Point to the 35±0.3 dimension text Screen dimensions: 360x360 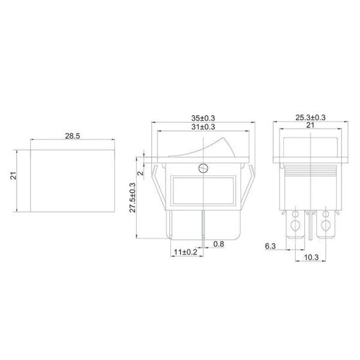[x=203, y=118]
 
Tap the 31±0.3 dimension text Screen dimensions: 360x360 [x=203, y=127]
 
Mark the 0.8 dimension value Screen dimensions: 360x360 [x=220, y=244]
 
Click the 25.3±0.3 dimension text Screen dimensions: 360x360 [x=311, y=118]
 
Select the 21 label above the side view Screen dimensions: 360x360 [x=311, y=126]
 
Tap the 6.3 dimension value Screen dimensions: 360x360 [x=270, y=247]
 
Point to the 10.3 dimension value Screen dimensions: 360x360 [x=311, y=256]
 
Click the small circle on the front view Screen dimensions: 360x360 [x=203, y=169]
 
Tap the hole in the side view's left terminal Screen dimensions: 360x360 [x=295, y=226]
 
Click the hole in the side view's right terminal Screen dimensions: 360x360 [x=327, y=226]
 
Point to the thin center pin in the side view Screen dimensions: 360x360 [x=310, y=228]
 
